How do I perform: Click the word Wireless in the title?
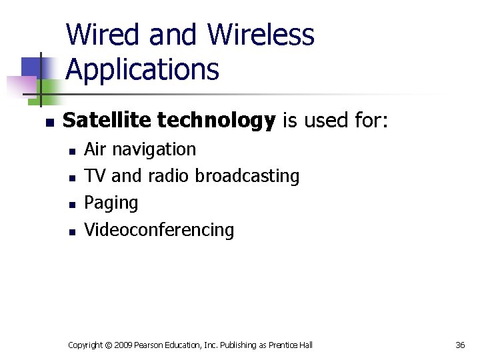(261, 35)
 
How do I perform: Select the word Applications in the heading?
(143, 69)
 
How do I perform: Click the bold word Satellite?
(106, 121)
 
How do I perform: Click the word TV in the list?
(95, 176)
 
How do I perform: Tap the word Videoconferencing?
(159, 231)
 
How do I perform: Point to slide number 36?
(460, 345)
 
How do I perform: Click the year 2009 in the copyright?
(123, 345)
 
